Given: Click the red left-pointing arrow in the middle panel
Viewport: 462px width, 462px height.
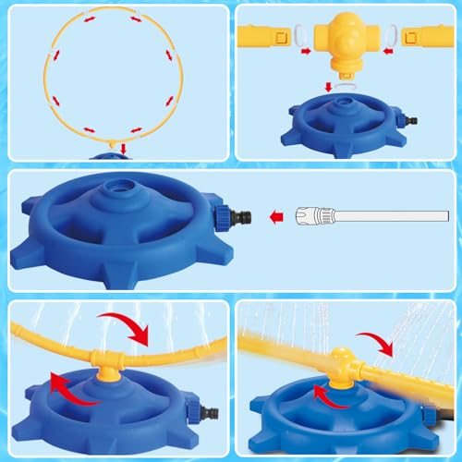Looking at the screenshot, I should (x=274, y=219).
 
